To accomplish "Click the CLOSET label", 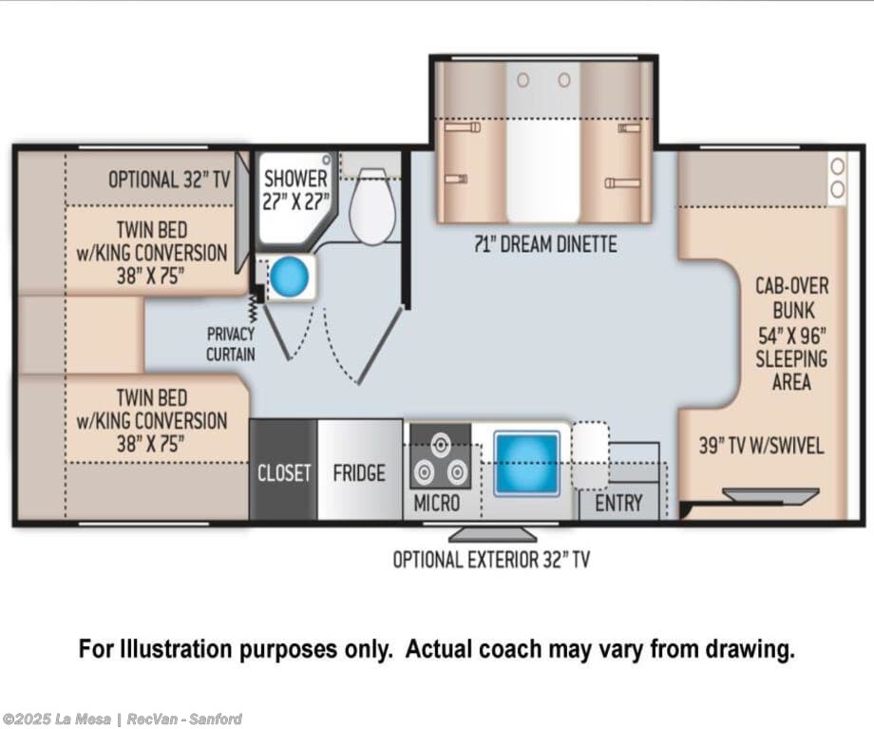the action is point(284,473).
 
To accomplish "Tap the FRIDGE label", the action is point(359,473).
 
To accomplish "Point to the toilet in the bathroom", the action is point(372,206).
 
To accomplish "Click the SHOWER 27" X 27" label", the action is point(296,190).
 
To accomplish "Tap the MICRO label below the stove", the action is point(437,503).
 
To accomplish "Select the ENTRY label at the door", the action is point(618,503).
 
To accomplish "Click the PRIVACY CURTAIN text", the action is point(230,344).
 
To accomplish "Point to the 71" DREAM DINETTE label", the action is point(545,244).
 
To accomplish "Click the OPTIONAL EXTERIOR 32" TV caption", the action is point(491,560).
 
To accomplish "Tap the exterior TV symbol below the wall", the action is point(493,534).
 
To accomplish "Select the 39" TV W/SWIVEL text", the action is point(761,446).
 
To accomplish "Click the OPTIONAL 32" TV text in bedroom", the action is point(169,180).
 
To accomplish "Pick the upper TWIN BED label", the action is point(152,253).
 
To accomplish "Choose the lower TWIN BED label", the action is point(152,420).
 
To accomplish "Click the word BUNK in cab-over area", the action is point(793,310).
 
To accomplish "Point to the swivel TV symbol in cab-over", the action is point(770,495).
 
